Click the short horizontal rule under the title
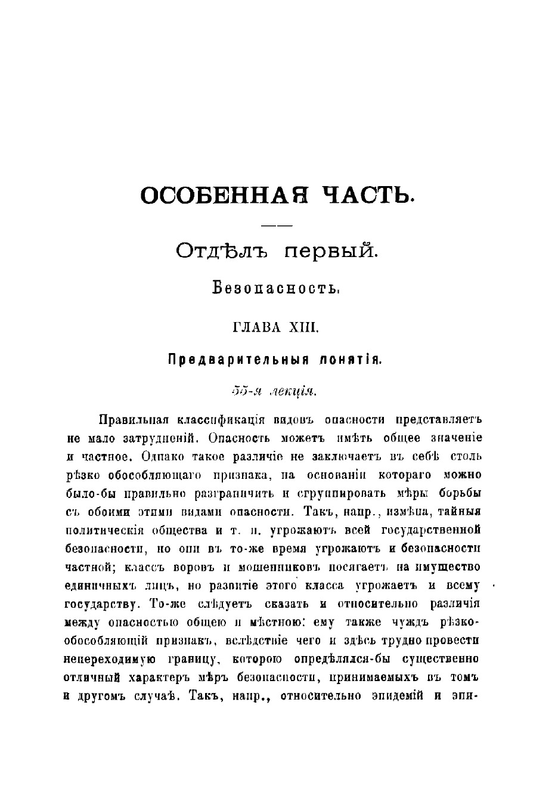point(278,225)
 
